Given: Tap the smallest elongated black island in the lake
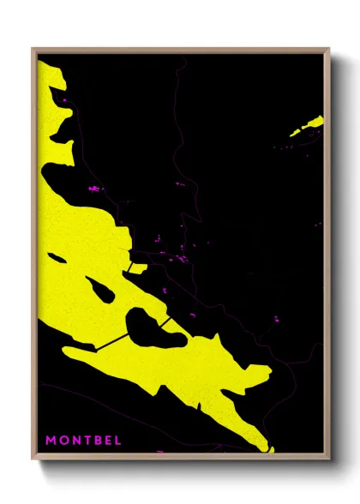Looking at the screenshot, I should (x=57, y=257).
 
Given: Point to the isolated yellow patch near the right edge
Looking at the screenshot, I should (x=309, y=127).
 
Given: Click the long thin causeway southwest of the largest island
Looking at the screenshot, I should (x=111, y=342).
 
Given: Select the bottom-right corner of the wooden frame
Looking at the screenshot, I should (x=328, y=459).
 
